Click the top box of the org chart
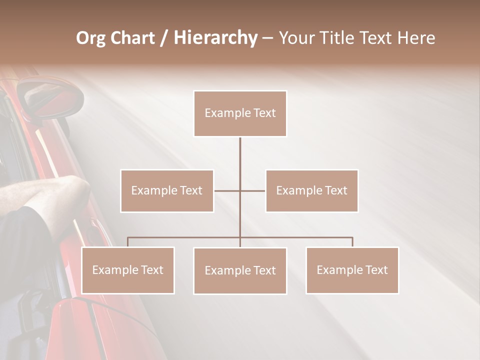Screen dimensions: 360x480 pos(240,113)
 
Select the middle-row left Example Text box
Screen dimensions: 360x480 pos(167,191)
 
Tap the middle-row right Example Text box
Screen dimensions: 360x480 pos(311,191)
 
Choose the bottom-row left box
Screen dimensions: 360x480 pos(128,270)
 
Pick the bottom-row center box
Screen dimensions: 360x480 pos(240,271)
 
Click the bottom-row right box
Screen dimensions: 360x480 pos(352,270)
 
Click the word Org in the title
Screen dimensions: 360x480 pos(90,38)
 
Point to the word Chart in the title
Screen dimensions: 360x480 pos(131,38)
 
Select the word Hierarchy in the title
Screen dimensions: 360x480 pos(215,38)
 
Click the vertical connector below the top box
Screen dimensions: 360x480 pos(240,155)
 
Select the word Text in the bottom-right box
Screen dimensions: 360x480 pos(376,270)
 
